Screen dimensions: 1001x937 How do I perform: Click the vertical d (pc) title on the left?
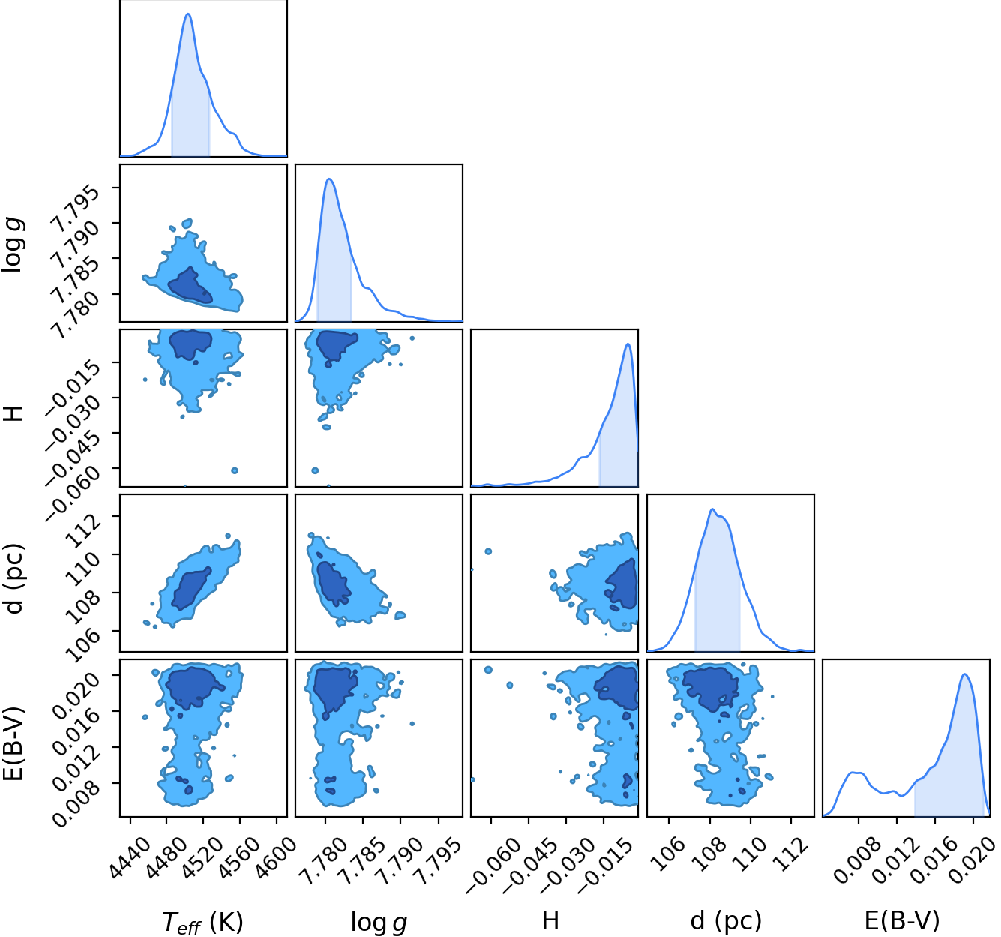(x=14, y=579)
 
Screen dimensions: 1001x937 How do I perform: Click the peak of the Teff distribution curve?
(x=188, y=14)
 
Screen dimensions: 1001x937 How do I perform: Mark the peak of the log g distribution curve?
(x=329, y=179)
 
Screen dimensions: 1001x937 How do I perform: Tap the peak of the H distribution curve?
(x=628, y=344)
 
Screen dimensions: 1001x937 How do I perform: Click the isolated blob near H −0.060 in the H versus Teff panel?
(x=235, y=470)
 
